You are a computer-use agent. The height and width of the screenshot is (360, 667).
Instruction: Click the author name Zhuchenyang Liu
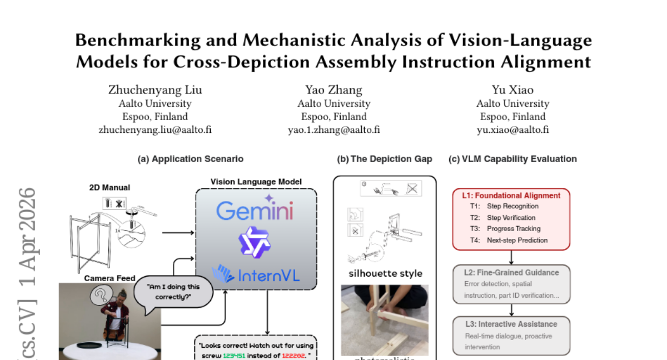(155, 90)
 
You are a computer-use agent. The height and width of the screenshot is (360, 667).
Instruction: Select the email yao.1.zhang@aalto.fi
(333, 130)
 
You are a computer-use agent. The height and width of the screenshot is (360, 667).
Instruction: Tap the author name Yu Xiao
(512, 90)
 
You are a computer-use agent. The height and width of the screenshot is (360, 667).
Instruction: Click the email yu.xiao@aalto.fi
(512, 130)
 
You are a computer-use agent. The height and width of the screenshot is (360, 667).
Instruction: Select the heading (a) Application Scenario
(191, 159)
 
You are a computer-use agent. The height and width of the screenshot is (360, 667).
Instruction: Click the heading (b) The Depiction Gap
(385, 159)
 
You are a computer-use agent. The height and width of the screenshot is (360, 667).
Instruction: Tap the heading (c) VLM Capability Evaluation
(512, 159)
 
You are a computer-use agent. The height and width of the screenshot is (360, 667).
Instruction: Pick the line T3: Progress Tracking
(505, 229)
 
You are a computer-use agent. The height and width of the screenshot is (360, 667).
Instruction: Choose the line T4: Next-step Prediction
(509, 240)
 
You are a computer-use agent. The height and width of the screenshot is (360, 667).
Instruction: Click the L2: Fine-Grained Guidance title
(511, 273)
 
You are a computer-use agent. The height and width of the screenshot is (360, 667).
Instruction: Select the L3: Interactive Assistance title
(511, 324)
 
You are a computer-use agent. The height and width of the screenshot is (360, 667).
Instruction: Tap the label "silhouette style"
(385, 273)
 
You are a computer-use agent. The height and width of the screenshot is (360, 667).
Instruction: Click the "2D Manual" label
(109, 188)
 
